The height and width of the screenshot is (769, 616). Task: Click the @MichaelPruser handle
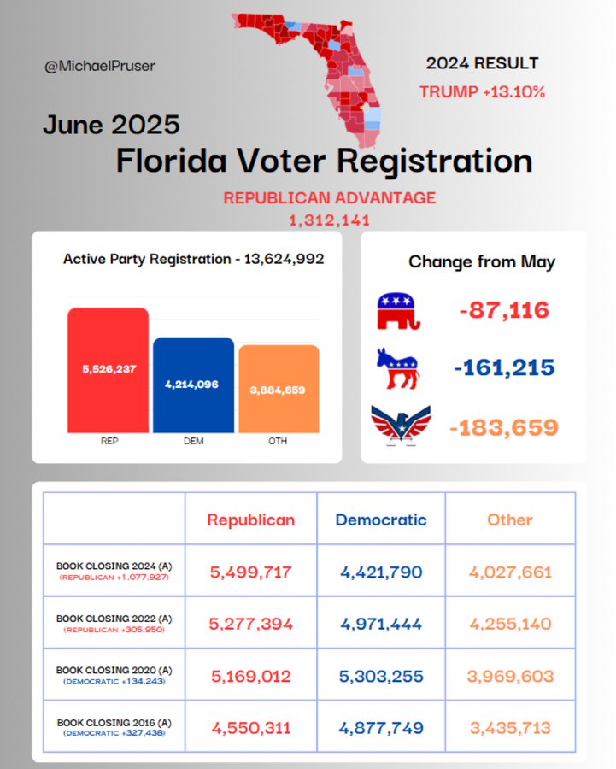[x=100, y=66]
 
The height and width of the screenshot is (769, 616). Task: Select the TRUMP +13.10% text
[x=482, y=91]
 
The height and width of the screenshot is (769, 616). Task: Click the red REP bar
[x=109, y=370]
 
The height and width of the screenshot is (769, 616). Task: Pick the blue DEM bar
[x=194, y=385]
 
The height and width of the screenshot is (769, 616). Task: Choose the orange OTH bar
[x=279, y=389]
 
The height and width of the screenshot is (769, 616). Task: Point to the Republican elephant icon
[x=399, y=311]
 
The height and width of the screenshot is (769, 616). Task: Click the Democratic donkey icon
[x=398, y=368]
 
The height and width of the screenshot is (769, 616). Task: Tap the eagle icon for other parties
[x=402, y=426]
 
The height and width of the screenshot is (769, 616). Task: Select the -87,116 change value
[x=504, y=310]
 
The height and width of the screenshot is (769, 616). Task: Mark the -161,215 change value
[x=504, y=367]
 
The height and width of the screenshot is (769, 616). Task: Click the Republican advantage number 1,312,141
[x=329, y=220]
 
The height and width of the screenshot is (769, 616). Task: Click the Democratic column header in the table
[x=381, y=520]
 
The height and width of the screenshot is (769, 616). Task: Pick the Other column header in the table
[x=510, y=520]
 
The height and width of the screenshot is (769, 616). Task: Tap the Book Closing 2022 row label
[x=114, y=623]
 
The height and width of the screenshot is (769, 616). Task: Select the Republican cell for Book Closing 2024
[x=250, y=572]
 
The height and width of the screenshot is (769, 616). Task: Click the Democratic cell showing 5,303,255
[x=381, y=677]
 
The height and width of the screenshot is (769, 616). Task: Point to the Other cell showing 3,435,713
[x=510, y=728]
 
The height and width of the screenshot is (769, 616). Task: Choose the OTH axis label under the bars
[x=278, y=441]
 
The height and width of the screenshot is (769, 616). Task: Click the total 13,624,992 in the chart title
[x=285, y=259]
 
